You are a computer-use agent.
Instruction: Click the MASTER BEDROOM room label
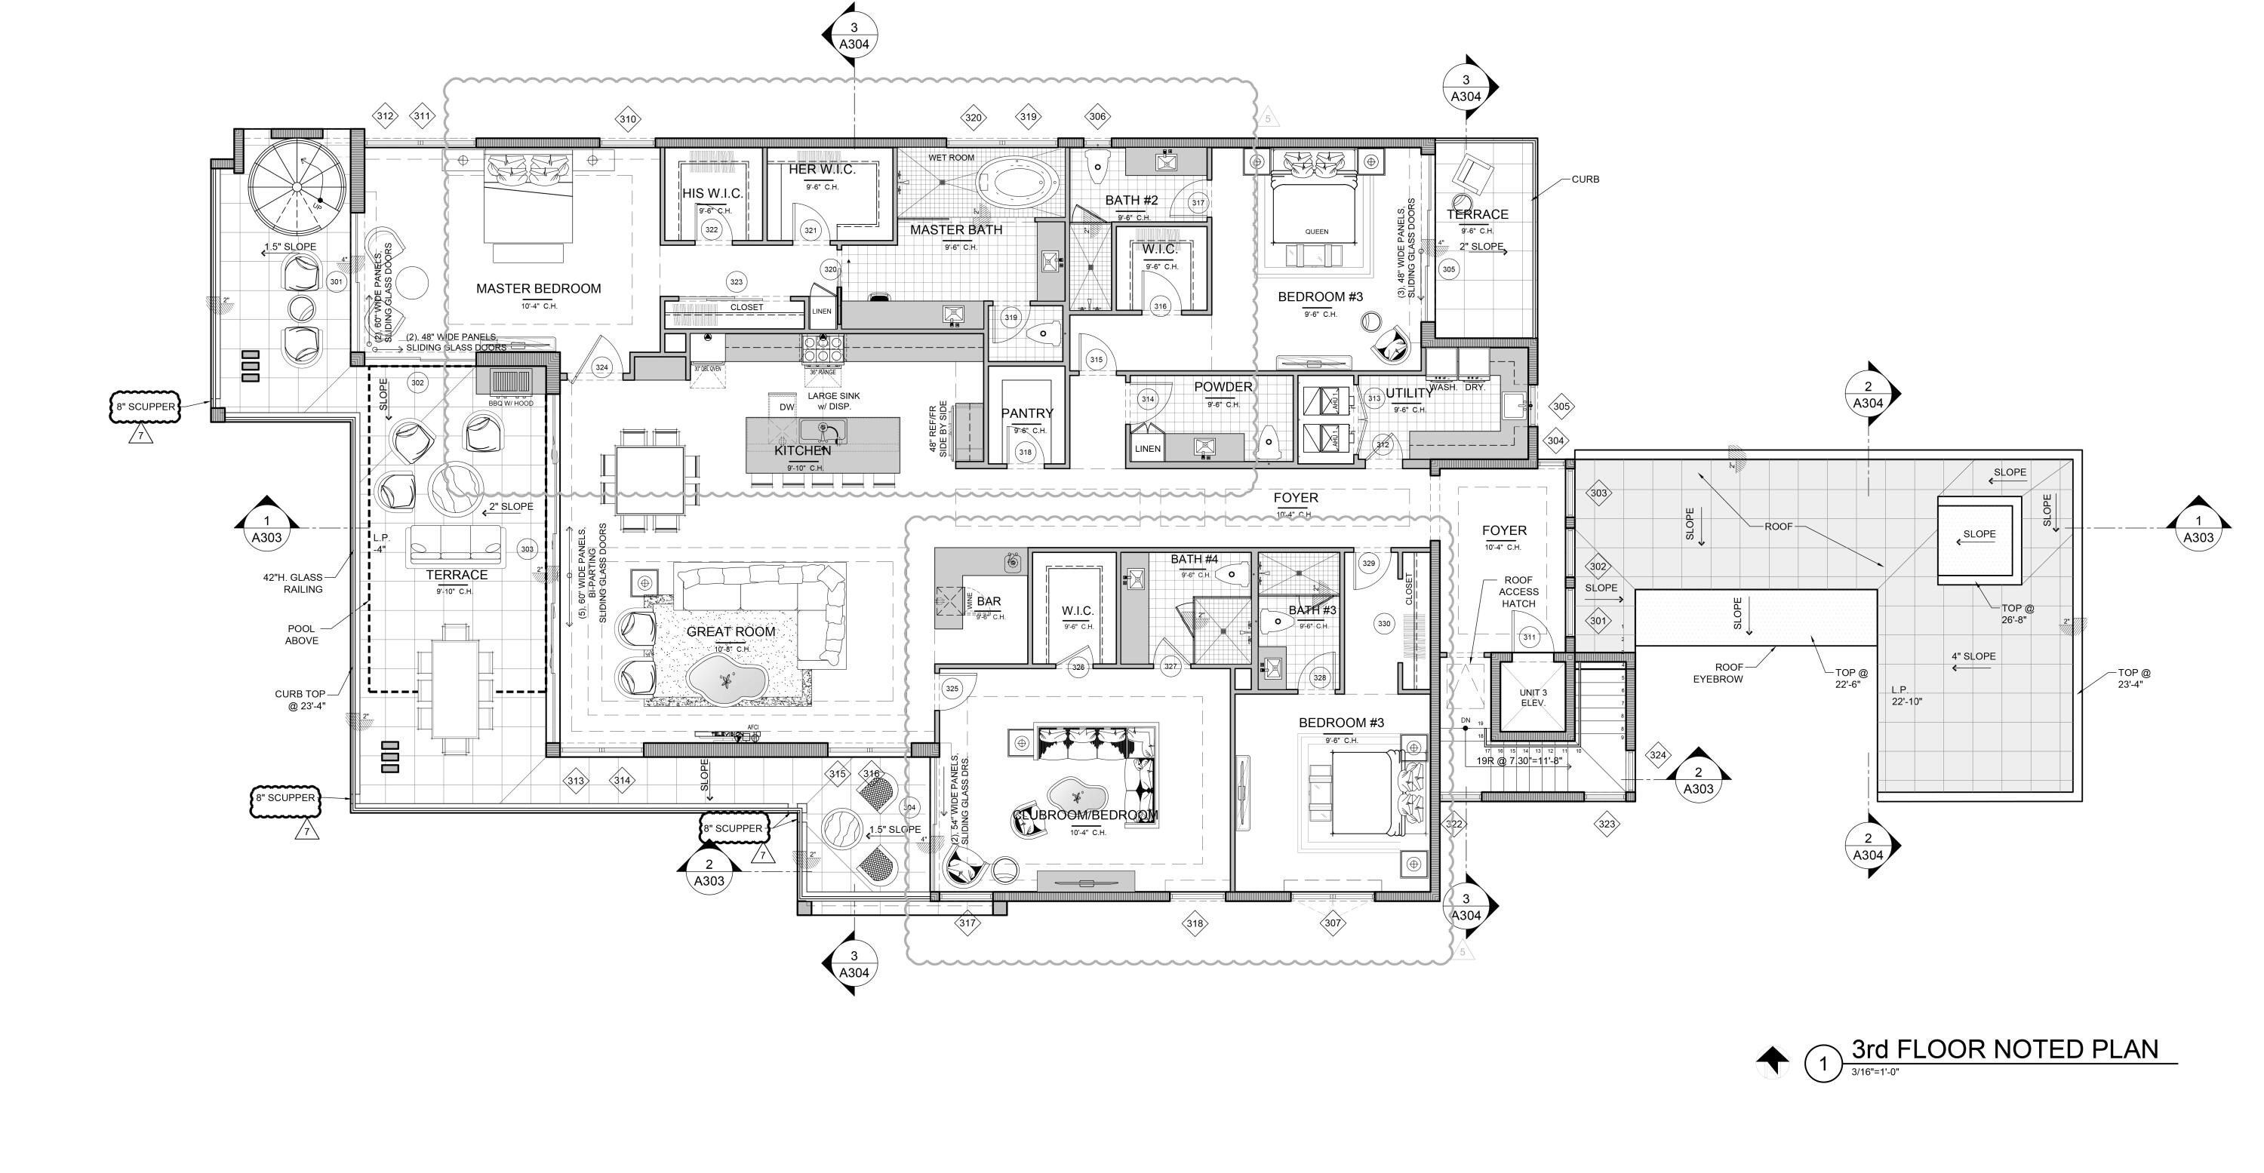tap(538, 288)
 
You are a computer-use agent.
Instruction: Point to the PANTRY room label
tap(1026, 413)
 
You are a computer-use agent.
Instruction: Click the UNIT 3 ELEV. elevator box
tap(1533, 698)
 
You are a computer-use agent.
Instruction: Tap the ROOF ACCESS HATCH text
tap(1518, 592)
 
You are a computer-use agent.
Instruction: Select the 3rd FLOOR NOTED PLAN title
tap(2004, 1049)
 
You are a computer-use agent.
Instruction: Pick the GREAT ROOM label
tap(731, 631)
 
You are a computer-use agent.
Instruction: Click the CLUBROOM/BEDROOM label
tap(1085, 815)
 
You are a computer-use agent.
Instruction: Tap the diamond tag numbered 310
tap(628, 119)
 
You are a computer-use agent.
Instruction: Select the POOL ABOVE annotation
tap(301, 634)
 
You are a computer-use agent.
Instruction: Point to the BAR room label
tap(989, 602)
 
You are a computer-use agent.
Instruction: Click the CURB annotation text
tap(1585, 180)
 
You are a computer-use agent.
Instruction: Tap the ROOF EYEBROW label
tap(1718, 673)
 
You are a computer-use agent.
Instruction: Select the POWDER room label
tap(1223, 387)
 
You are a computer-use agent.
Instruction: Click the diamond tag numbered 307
tap(1333, 923)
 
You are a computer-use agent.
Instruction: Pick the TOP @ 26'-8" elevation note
tap(2017, 613)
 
